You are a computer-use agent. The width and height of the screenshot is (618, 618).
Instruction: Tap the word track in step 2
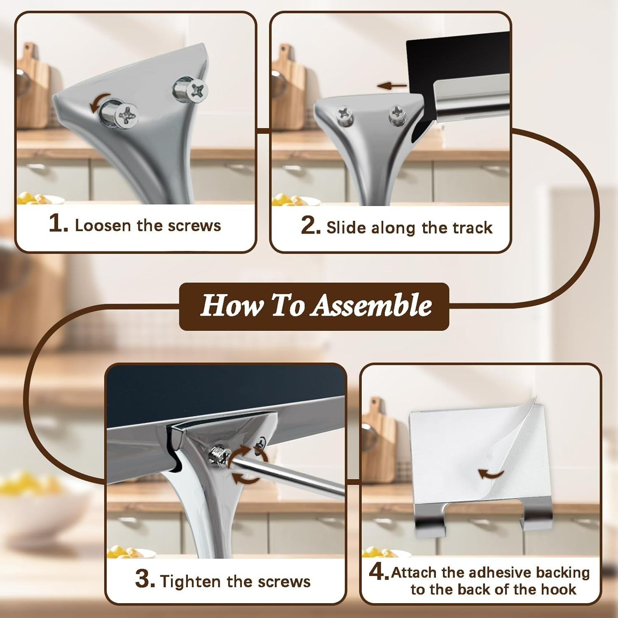click(472, 227)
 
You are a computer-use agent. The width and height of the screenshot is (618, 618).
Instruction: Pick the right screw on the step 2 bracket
click(397, 113)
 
